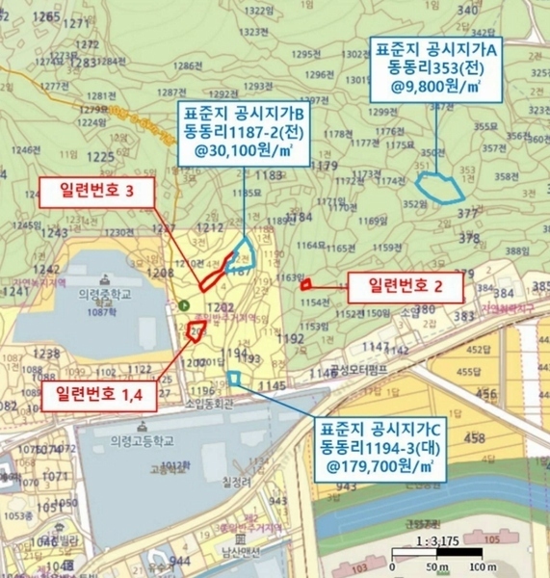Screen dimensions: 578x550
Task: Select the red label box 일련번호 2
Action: (x=405, y=285)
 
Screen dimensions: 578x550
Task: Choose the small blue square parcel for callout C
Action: (x=235, y=377)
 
